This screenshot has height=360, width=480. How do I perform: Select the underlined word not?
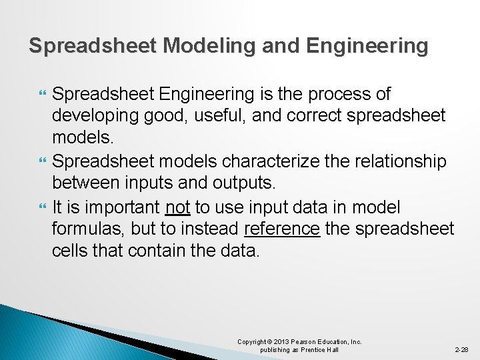point(178,207)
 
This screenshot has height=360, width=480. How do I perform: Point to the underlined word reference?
point(282,229)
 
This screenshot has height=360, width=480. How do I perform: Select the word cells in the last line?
point(72,252)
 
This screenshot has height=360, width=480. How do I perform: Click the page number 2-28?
point(461,349)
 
